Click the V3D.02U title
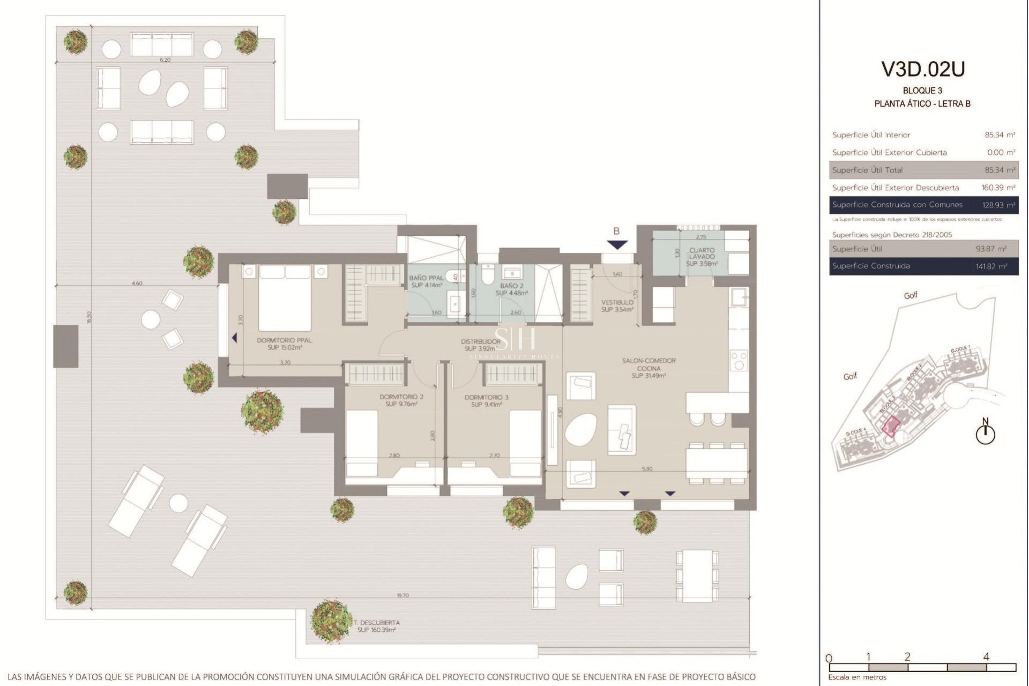(923, 69)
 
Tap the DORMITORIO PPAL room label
(285, 344)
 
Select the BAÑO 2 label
(512, 289)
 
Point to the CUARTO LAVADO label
(702, 257)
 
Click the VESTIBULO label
(617, 305)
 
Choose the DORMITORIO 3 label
(487, 401)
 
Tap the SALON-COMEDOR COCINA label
(648, 368)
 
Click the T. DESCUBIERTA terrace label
(376, 626)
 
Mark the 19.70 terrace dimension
(402, 595)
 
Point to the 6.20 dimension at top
(165, 59)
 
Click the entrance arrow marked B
(617, 244)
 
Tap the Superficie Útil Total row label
(867, 170)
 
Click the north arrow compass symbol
(985, 433)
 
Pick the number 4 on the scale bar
(986, 657)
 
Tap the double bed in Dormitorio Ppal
(285, 298)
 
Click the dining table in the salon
(717, 463)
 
